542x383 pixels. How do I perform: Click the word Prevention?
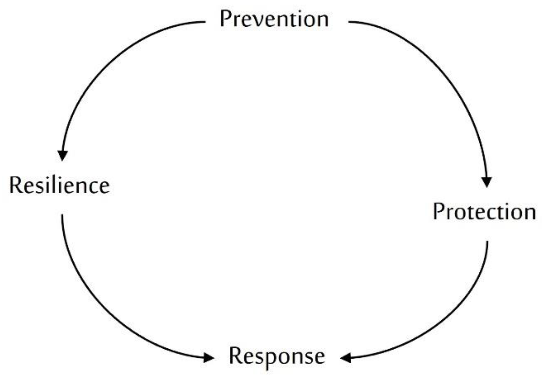click(x=274, y=19)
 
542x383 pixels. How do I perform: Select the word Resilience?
click(x=59, y=185)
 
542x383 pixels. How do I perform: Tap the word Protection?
click(x=484, y=212)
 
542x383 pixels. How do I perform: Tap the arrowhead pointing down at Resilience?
click(x=63, y=155)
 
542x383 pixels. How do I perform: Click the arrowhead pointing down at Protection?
click(x=487, y=181)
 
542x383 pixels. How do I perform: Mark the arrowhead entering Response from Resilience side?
click(x=208, y=357)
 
